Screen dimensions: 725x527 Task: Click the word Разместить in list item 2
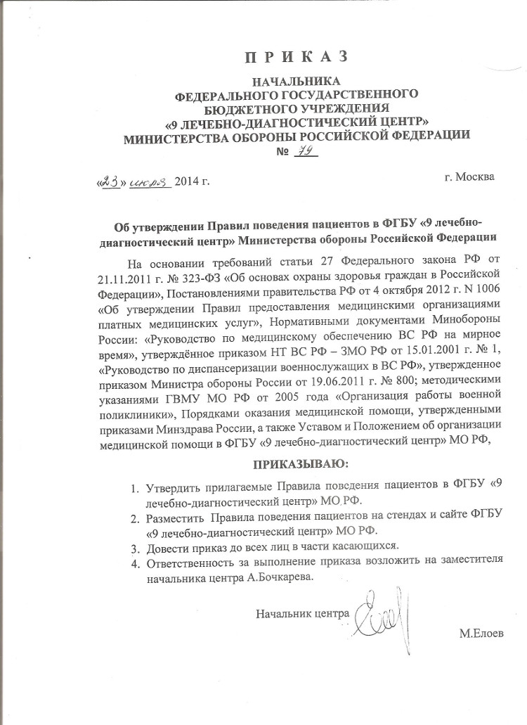click(x=178, y=519)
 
